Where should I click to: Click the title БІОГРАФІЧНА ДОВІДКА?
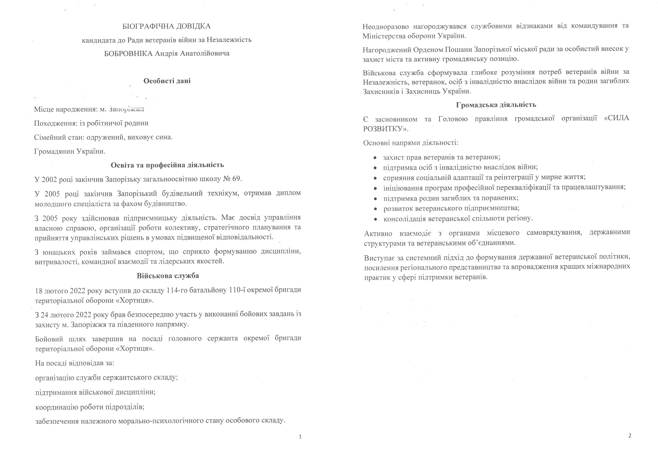(166, 26)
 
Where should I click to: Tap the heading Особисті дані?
(167, 81)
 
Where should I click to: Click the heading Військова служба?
(168, 276)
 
